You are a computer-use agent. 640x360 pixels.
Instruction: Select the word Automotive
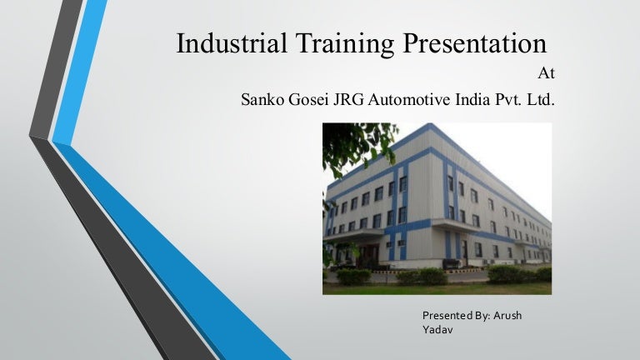[411, 102]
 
